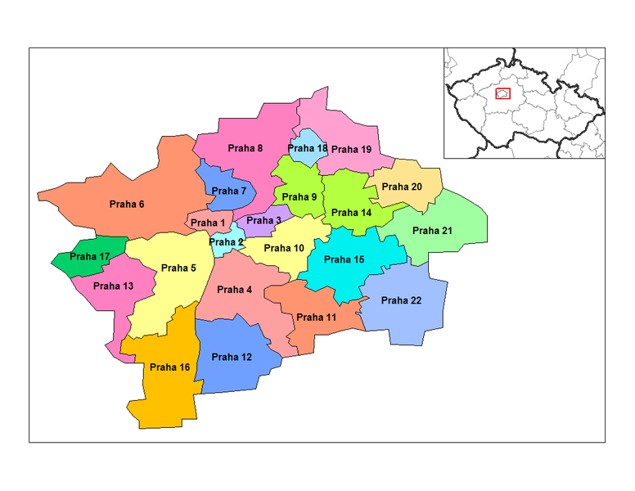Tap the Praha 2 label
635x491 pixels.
(225, 241)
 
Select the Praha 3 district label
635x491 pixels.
(263, 220)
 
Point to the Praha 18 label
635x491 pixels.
(308, 148)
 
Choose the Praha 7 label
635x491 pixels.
(228, 191)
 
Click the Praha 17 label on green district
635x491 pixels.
(89, 256)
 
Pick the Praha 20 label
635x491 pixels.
(402, 187)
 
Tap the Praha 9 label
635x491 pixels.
(299, 197)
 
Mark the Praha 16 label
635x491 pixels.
(170, 367)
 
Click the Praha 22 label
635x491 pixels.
(401, 300)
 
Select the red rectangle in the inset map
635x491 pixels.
(503, 93)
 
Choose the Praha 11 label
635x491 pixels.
(316, 317)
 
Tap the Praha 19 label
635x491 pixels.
(352, 150)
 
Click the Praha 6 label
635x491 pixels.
(127, 204)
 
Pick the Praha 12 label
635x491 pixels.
(232, 357)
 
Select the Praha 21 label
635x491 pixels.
(432, 231)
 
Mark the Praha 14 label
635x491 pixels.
(352, 213)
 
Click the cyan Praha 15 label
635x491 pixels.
(345, 260)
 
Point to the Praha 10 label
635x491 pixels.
(284, 248)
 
